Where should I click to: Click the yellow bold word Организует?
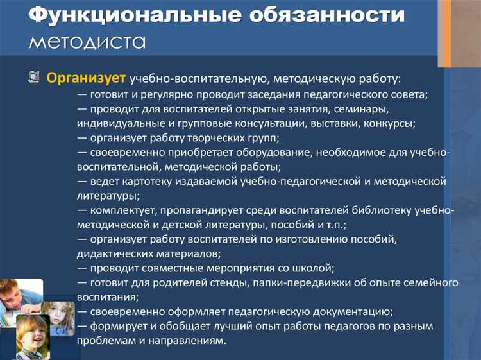pyautogui.click(x=86, y=78)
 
